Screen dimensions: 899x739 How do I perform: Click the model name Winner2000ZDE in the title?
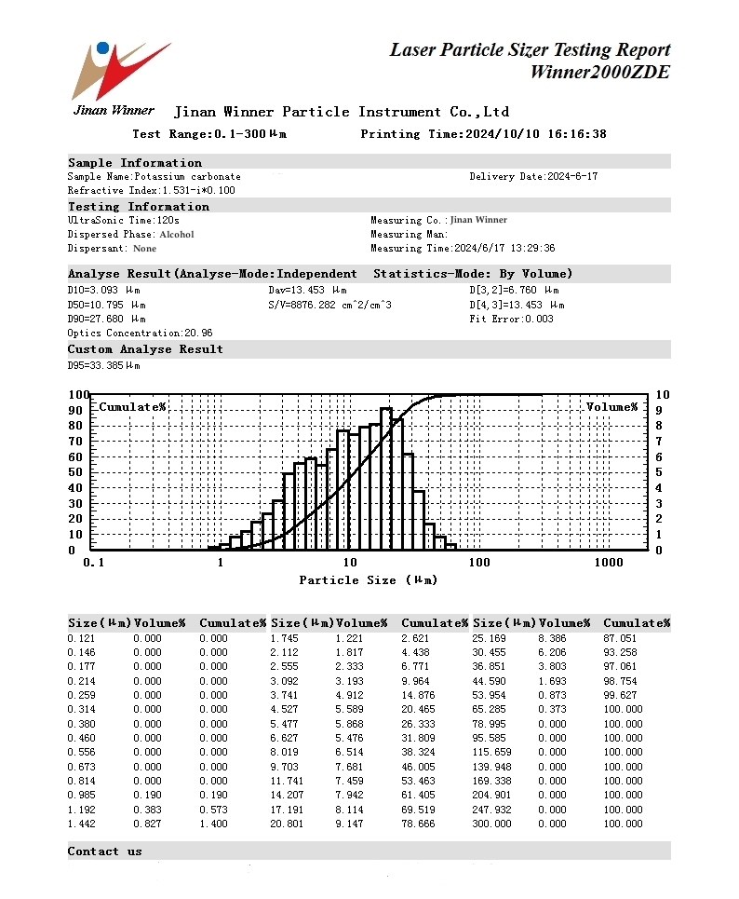pos(599,73)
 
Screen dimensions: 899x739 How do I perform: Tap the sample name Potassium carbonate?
pos(187,176)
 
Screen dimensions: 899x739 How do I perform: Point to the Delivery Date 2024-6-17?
pos(572,176)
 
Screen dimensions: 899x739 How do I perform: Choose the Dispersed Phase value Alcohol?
pos(177,235)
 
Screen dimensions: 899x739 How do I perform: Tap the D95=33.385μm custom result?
pos(103,365)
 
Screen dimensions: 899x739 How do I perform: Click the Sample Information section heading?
pos(134,163)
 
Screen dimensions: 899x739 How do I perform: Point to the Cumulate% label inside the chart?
pos(132,407)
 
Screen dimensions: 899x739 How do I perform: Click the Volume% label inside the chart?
pos(611,407)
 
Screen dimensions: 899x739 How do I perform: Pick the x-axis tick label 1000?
pos(608,563)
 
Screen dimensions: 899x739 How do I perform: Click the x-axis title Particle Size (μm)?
pos(368,579)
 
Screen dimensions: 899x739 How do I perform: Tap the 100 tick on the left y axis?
pos(78,395)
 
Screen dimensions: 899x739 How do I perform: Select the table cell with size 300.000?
pos(492,824)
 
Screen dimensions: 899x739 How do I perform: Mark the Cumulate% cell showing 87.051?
pos(623,638)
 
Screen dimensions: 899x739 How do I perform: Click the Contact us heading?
pos(104,851)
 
